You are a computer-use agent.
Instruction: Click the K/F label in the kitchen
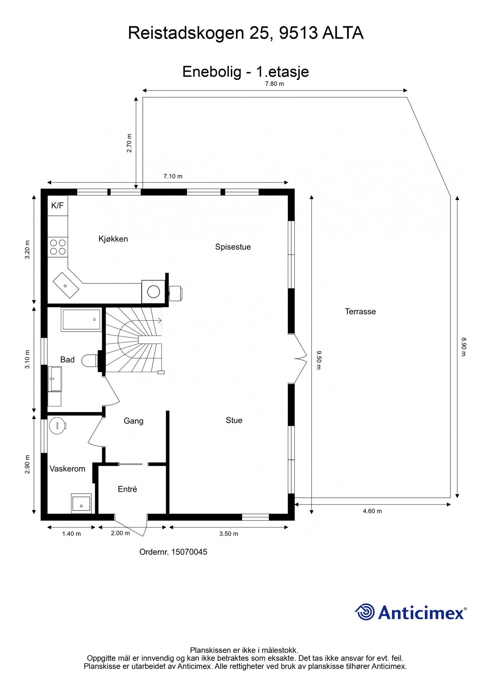[x=57, y=206]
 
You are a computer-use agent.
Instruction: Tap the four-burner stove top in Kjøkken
[x=57, y=247]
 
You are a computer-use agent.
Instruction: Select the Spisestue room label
[x=233, y=247]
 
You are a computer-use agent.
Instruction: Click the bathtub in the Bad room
[x=81, y=320]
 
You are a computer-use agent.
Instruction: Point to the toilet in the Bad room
[x=91, y=360]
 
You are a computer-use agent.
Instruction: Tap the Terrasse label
[x=360, y=312]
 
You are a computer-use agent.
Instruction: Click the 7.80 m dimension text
[x=274, y=84]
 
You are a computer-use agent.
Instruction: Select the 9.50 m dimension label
[x=319, y=360]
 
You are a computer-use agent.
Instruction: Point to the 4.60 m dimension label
[x=372, y=511]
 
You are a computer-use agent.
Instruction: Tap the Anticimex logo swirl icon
[x=364, y=612]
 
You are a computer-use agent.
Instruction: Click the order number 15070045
[x=189, y=552]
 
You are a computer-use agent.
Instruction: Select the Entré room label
[x=127, y=489]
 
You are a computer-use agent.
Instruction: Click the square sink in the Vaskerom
[x=81, y=504]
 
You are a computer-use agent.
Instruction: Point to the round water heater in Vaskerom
[x=57, y=426]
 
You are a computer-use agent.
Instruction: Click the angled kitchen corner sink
[x=66, y=285]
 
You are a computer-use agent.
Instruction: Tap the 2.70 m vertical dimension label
[x=130, y=143]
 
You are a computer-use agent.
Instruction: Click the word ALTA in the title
[x=343, y=34]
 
